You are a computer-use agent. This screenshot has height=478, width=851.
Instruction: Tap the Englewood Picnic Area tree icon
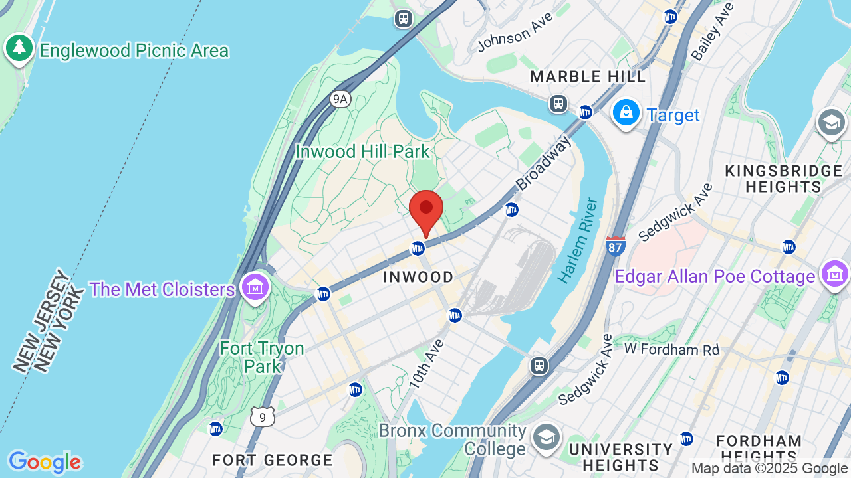19,49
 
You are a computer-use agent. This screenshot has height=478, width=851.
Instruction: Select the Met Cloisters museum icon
255,288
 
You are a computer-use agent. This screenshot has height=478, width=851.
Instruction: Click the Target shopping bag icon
626,114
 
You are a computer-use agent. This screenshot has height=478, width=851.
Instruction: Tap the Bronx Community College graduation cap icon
546,437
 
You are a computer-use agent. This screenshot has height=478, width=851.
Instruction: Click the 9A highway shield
340,99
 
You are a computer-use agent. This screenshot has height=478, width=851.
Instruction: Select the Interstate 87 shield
616,246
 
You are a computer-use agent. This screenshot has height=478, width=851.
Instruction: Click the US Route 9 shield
263,417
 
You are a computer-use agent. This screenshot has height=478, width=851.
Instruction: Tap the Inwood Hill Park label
362,151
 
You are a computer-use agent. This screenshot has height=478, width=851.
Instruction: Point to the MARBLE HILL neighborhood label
588,77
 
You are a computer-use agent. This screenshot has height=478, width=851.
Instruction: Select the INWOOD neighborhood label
418,277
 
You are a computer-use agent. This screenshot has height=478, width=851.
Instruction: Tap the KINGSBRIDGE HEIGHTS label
784,179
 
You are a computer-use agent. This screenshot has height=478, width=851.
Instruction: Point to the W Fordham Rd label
672,349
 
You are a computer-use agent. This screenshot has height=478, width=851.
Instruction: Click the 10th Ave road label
426,363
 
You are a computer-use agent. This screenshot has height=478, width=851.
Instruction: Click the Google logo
44,462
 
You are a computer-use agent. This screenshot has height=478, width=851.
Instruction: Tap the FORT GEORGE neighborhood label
273,460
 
